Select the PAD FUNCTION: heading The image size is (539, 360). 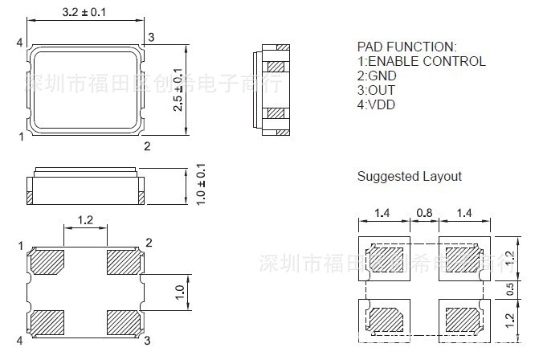pyautogui.click(x=406, y=47)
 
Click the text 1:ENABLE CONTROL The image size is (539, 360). pyautogui.click(x=421, y=61)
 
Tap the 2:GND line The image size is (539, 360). pyautogui.click(x=377, y=76)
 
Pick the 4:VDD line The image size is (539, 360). pyautogui.click(x=377, y=104)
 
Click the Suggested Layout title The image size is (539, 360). pyautogui.click(x=409, y=176)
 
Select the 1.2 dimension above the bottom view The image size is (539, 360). pyautogui.click(x=86, y=220)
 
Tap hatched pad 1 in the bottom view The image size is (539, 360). pyautogui.click(x=47, y=262)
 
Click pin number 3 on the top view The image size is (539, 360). pyautogui.click(x=151, y=36)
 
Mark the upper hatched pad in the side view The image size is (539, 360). pyautogui.click(x=276, y=66)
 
